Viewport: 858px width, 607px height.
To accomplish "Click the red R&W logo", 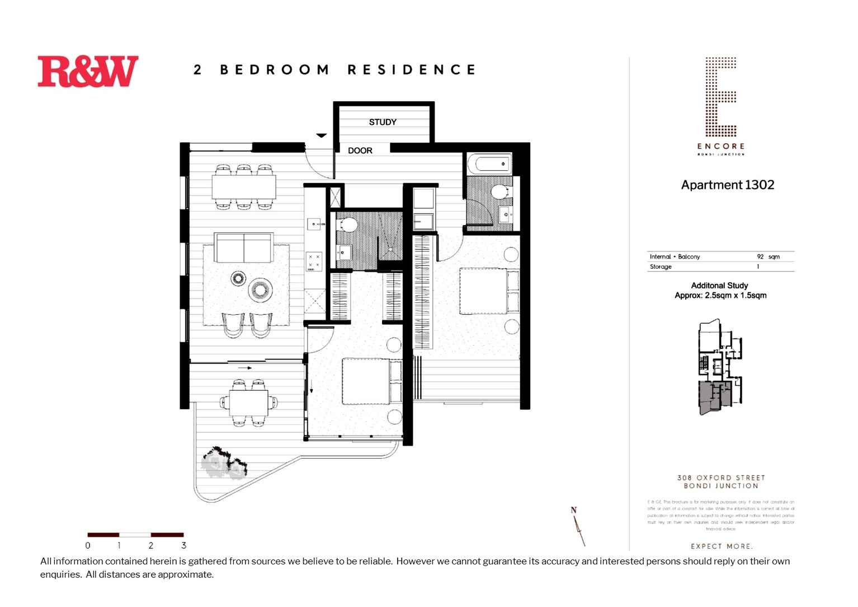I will [x=88, y=71].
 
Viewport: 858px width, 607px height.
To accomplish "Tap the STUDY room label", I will [x=383, y=122].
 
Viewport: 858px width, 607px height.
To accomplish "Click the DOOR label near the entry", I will [x=360, y=151].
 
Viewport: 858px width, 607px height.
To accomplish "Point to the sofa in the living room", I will [x=244, y=248].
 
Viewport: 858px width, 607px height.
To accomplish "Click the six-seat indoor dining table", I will [x=243, y=187].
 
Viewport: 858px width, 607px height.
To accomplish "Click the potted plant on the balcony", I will [x=224, y=463].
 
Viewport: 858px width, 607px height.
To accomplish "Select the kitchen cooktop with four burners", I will [x=314, y=261].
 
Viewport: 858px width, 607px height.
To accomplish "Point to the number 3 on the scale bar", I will [x=183, y=545].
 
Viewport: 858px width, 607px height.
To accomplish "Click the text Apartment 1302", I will [x=727, y=185].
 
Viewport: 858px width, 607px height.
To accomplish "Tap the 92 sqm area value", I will [x=768, y=256].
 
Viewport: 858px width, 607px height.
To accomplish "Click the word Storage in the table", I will [x=661, y=267].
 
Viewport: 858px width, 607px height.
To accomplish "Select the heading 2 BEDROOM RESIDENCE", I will [x=334, y=70].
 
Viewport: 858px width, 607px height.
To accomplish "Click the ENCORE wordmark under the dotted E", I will [x=720, y=146].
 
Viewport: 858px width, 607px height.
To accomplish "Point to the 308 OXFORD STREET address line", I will [x=720, y=478].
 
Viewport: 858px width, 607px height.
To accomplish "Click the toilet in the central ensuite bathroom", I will [x=348, y=225].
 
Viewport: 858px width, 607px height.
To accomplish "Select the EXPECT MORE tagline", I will [x=722, y=546].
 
